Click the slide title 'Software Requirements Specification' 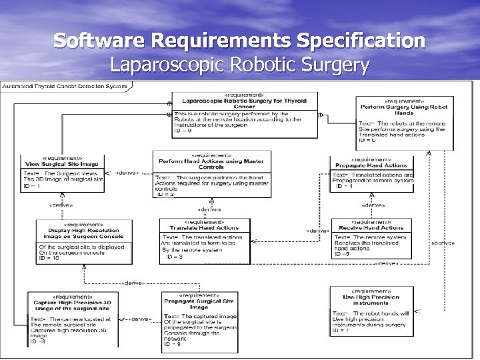(x=239, y=41)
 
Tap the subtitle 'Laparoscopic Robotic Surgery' (x=239, y=65)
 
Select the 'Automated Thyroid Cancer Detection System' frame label (x=64, y=86)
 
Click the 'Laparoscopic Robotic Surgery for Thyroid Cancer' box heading (x=245, y=103)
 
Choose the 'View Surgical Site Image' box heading (x=62, y=164)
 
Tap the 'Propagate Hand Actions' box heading (x=371, y=165)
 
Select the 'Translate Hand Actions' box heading (x=199, y=228)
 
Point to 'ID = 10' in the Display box (x=49, y=258)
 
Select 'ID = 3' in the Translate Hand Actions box (x=174, y=256)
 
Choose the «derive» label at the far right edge (x=443, y=243)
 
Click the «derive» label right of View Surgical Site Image (x=127, y=173)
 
